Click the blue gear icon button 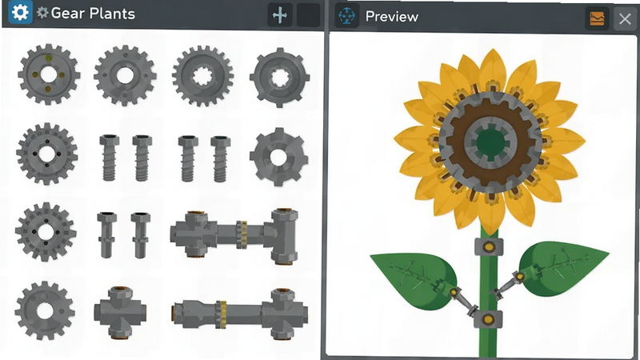pyautogui.click(x=20, y=13)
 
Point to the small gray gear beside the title pyautogui.click(x=42, y=13)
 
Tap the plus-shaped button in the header pyautogui.click(x=280, y=15)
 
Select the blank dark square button pyautogui.click(x=308, y=15)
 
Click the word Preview pyautogui.click(x=392, y=17)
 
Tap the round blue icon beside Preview pyautogui.click(x=347, y=16)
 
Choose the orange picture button pyautogui.click(x=597, y=18)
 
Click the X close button pyautogui.click(x=625, y=18)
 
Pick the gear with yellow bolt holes pyautogui.click(x=49, y=74)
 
